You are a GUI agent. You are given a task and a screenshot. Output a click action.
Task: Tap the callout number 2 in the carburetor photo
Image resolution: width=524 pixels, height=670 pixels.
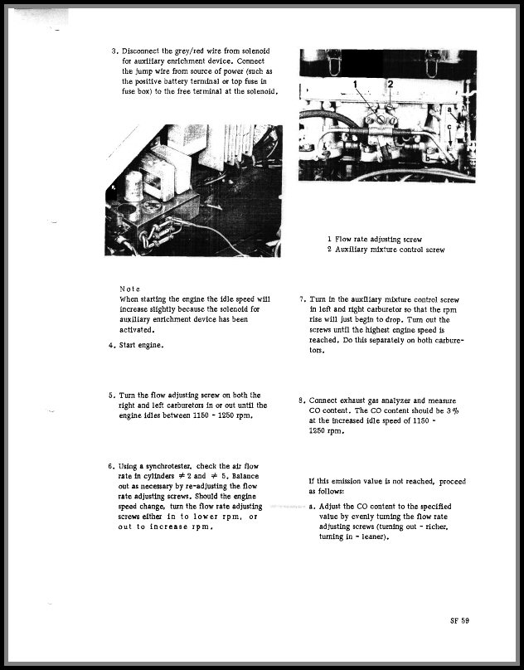[x=389, y=85]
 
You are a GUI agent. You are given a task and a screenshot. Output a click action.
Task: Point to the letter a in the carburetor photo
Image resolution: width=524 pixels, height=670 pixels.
[x=449, y=109]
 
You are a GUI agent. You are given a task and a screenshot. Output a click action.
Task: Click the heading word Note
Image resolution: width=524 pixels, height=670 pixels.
[x=129, y=289]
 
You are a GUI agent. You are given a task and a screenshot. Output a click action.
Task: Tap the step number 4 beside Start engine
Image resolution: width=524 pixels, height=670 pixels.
[x=111, y=345]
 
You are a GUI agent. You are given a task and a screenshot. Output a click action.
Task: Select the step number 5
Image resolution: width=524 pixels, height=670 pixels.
[x=111, y=396]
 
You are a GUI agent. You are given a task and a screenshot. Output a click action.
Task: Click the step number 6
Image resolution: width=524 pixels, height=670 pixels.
[x=111, y=466]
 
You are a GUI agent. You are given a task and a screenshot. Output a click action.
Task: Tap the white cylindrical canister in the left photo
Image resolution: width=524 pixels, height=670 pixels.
[x=133, y=187]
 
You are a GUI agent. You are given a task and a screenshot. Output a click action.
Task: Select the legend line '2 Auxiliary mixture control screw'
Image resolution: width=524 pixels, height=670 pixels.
[x=386, y=249]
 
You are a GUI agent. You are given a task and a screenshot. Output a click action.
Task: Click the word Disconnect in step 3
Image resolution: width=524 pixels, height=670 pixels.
[x=143, y=51]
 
